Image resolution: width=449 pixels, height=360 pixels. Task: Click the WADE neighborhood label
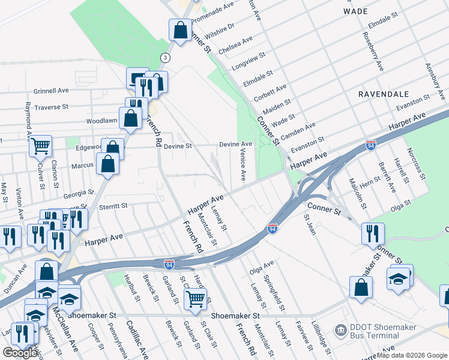click(355, 11)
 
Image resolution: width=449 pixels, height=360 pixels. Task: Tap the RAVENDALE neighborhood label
click(384, 94)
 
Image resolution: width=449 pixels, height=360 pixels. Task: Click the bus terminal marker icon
click(342, 329)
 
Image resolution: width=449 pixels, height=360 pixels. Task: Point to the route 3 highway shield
click(164, 57)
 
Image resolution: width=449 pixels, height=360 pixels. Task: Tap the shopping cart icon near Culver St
click(40, 145)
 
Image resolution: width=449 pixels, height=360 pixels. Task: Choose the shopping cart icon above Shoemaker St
click(196, 298)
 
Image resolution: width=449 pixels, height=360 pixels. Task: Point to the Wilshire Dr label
click(220, 28)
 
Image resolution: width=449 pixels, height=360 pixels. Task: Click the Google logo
click(20, 353)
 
